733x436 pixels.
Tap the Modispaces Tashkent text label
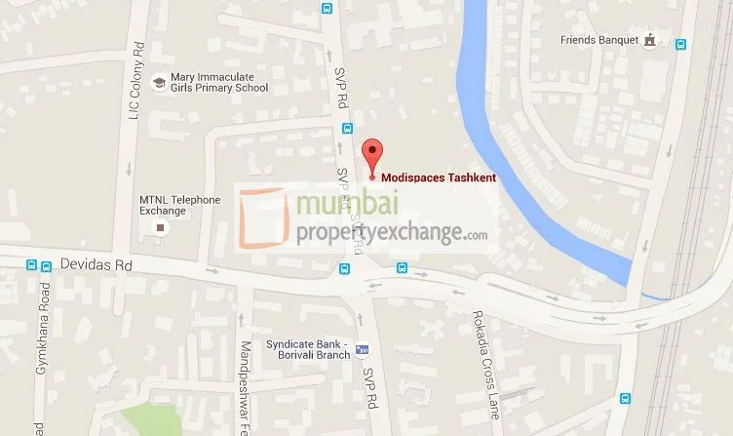tap(439, 178)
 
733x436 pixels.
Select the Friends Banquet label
tap(598, 41)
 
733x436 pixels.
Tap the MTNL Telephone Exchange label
tap(180, 206)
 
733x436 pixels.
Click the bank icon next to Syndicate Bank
tap(362, 348)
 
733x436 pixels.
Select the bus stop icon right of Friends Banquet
tap(680, 43)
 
